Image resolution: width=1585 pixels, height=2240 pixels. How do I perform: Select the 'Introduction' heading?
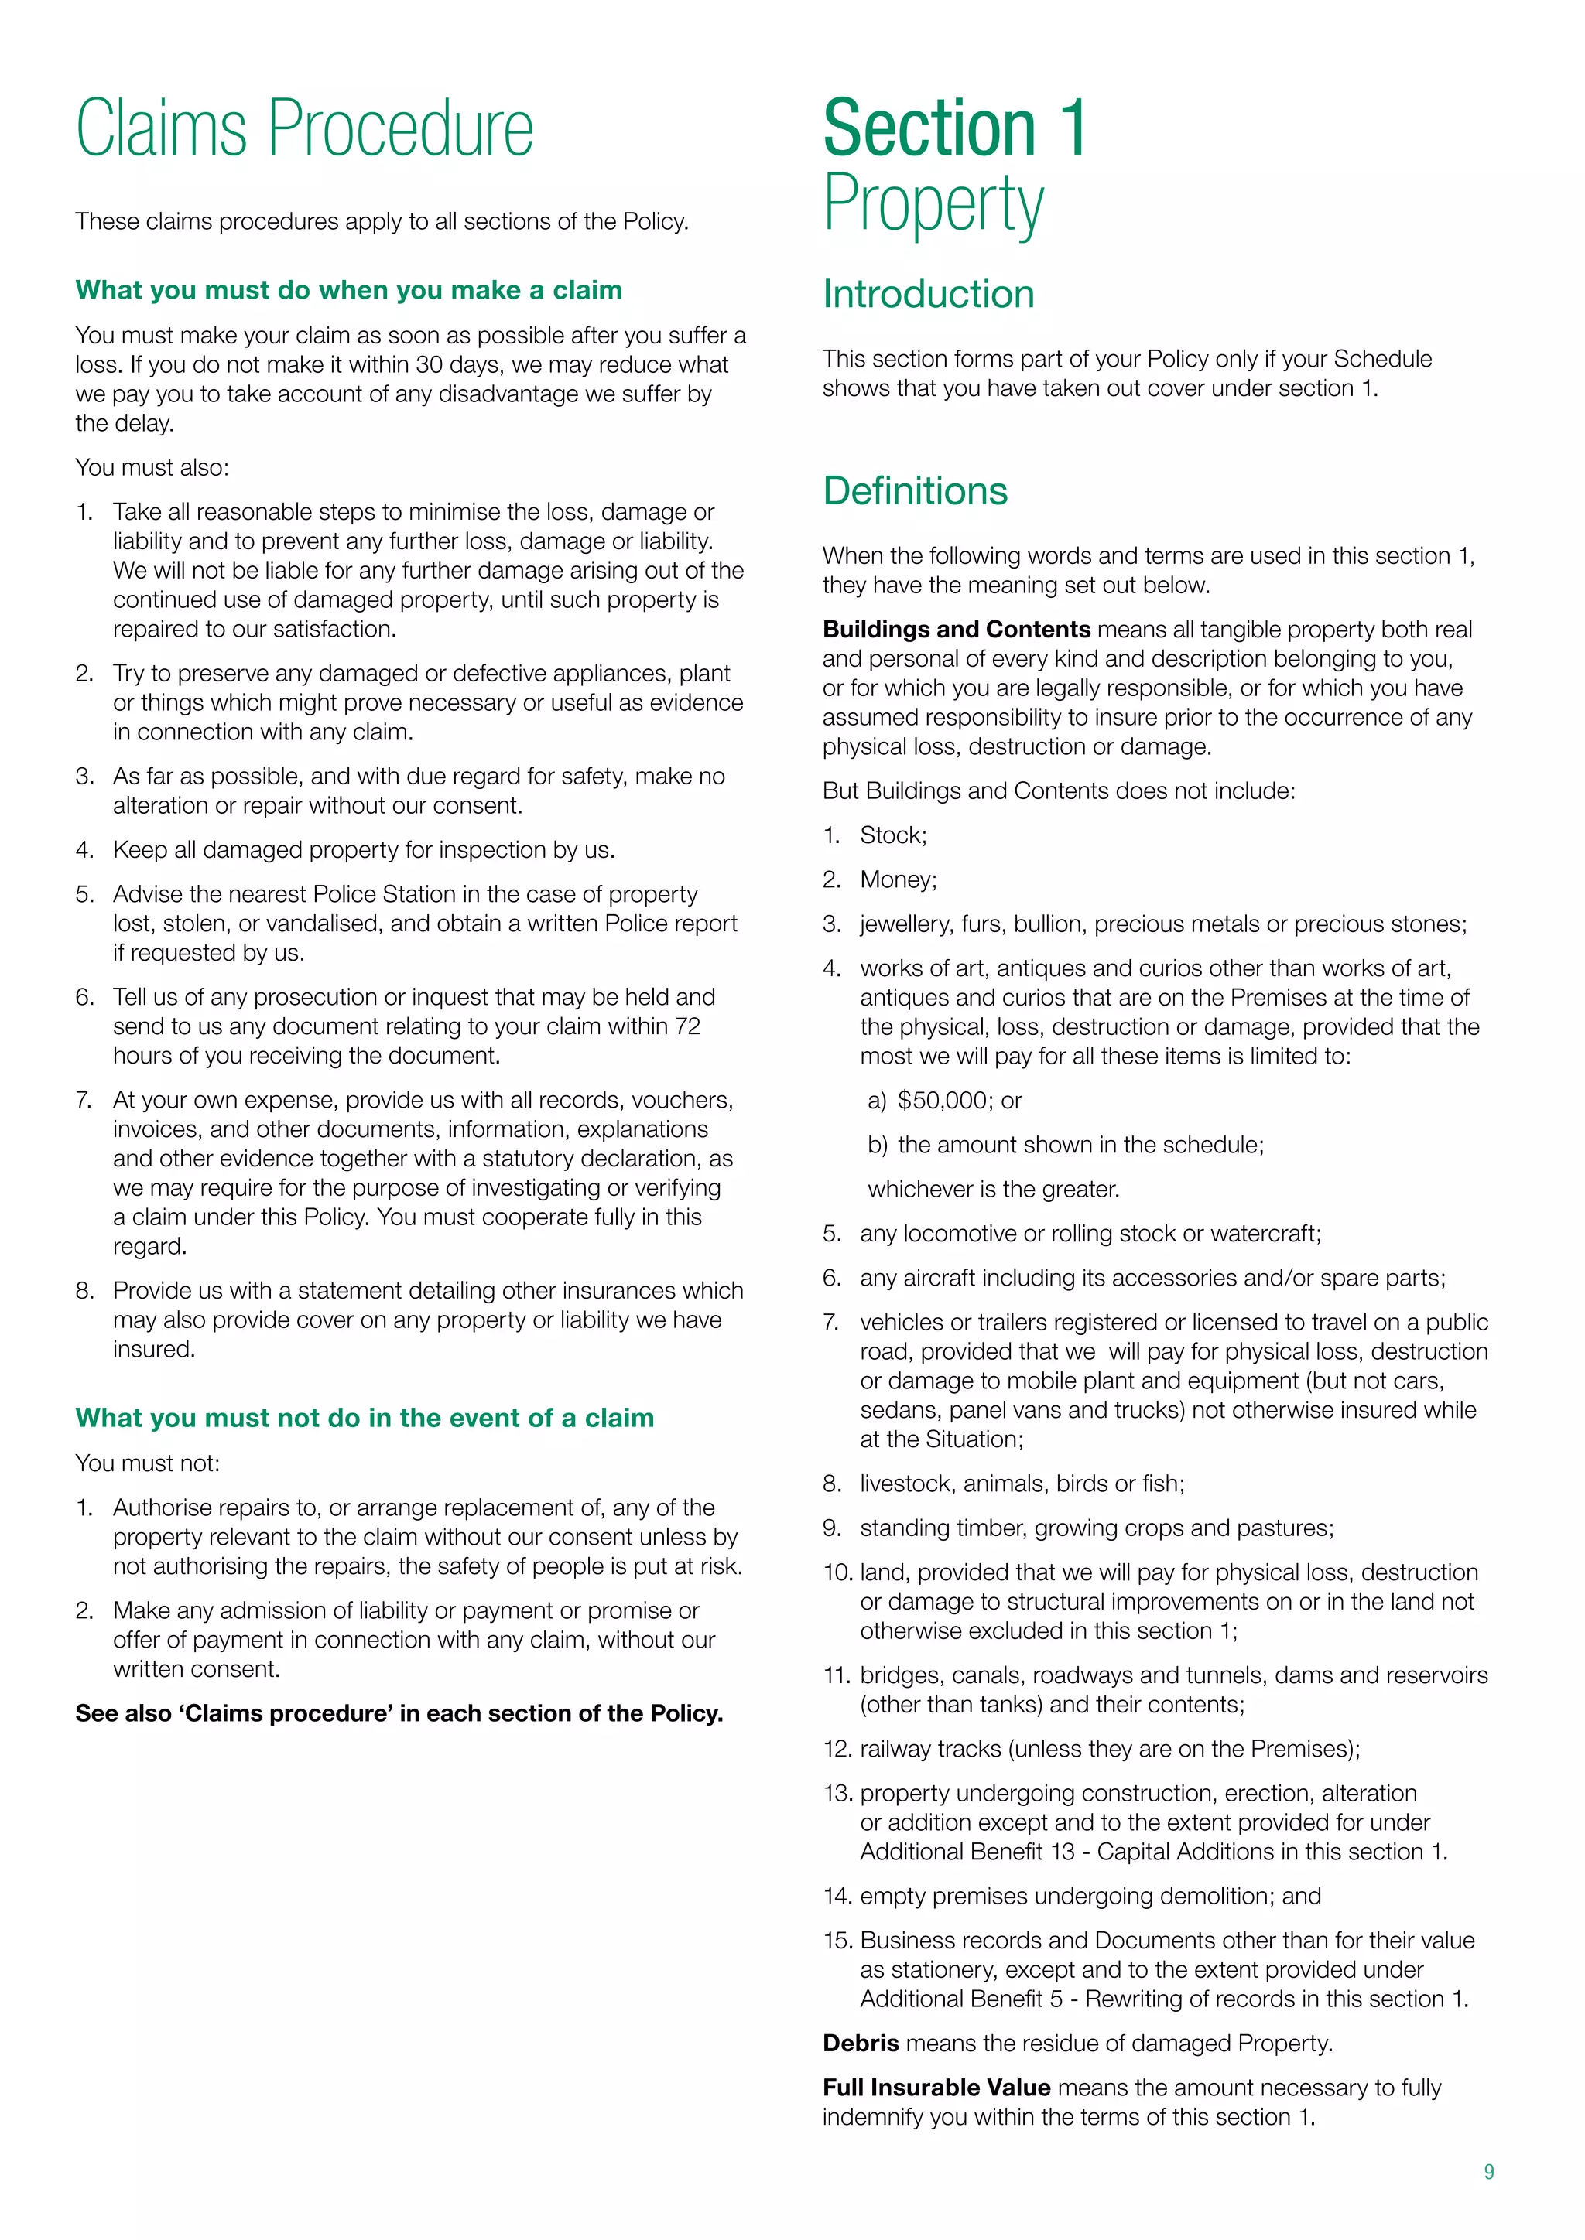click(x=928, y=294)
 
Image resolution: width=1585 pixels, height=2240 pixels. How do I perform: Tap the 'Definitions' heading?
click(x=915, y=490)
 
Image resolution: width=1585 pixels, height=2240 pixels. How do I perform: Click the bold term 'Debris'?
click(x=860, y=2043)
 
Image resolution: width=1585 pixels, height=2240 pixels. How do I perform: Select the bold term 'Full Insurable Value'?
click(x=936, y=2087)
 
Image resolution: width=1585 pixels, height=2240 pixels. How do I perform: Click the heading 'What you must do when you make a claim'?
click(x=348, y=290)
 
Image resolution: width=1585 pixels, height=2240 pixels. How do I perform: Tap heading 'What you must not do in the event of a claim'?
click(x=364, y=1418)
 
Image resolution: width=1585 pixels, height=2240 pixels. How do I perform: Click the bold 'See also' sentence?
click(x=399, y=1713)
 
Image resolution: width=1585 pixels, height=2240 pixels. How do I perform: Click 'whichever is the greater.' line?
click(x=994, y=1190)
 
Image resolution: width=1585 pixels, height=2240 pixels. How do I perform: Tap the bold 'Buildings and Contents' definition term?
click(x=956, y=630)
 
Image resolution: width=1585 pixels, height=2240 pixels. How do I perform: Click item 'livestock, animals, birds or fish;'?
click(x=1022, y=1484)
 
